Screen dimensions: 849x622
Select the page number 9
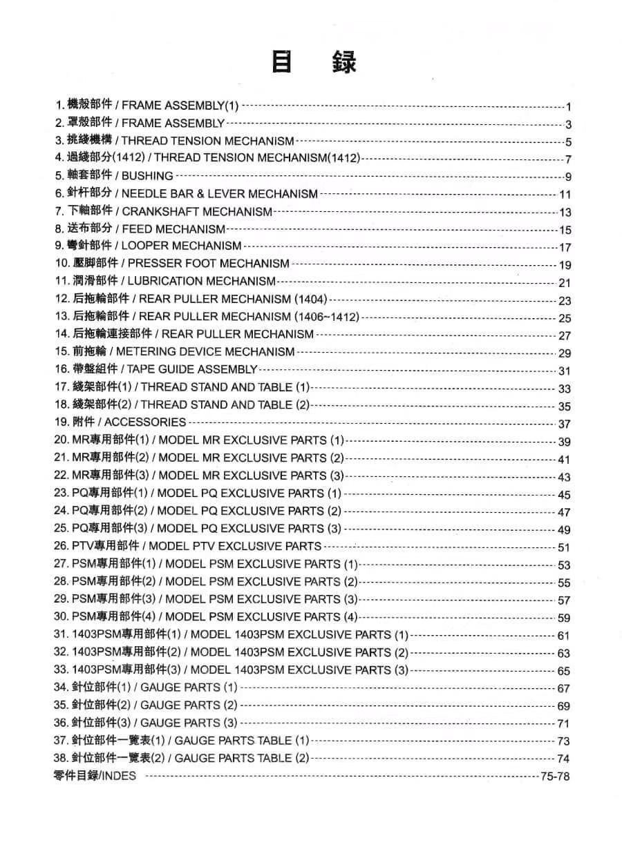click(567, 177)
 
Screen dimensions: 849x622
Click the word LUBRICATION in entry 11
click(163, 282)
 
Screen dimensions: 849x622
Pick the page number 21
click(565, 282)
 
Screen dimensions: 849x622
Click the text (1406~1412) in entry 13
click(326, 317)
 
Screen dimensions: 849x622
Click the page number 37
click(565, 424)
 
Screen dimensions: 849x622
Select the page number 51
click(564, 547)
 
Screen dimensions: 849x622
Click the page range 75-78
click(555, 777)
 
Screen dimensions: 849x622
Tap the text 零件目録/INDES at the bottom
click(95, 776)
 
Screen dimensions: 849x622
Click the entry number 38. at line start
click(62, 758)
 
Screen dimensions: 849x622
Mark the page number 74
click(563, 759)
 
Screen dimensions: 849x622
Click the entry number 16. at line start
click(62, 369)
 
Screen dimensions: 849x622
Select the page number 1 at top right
click(567, 106)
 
